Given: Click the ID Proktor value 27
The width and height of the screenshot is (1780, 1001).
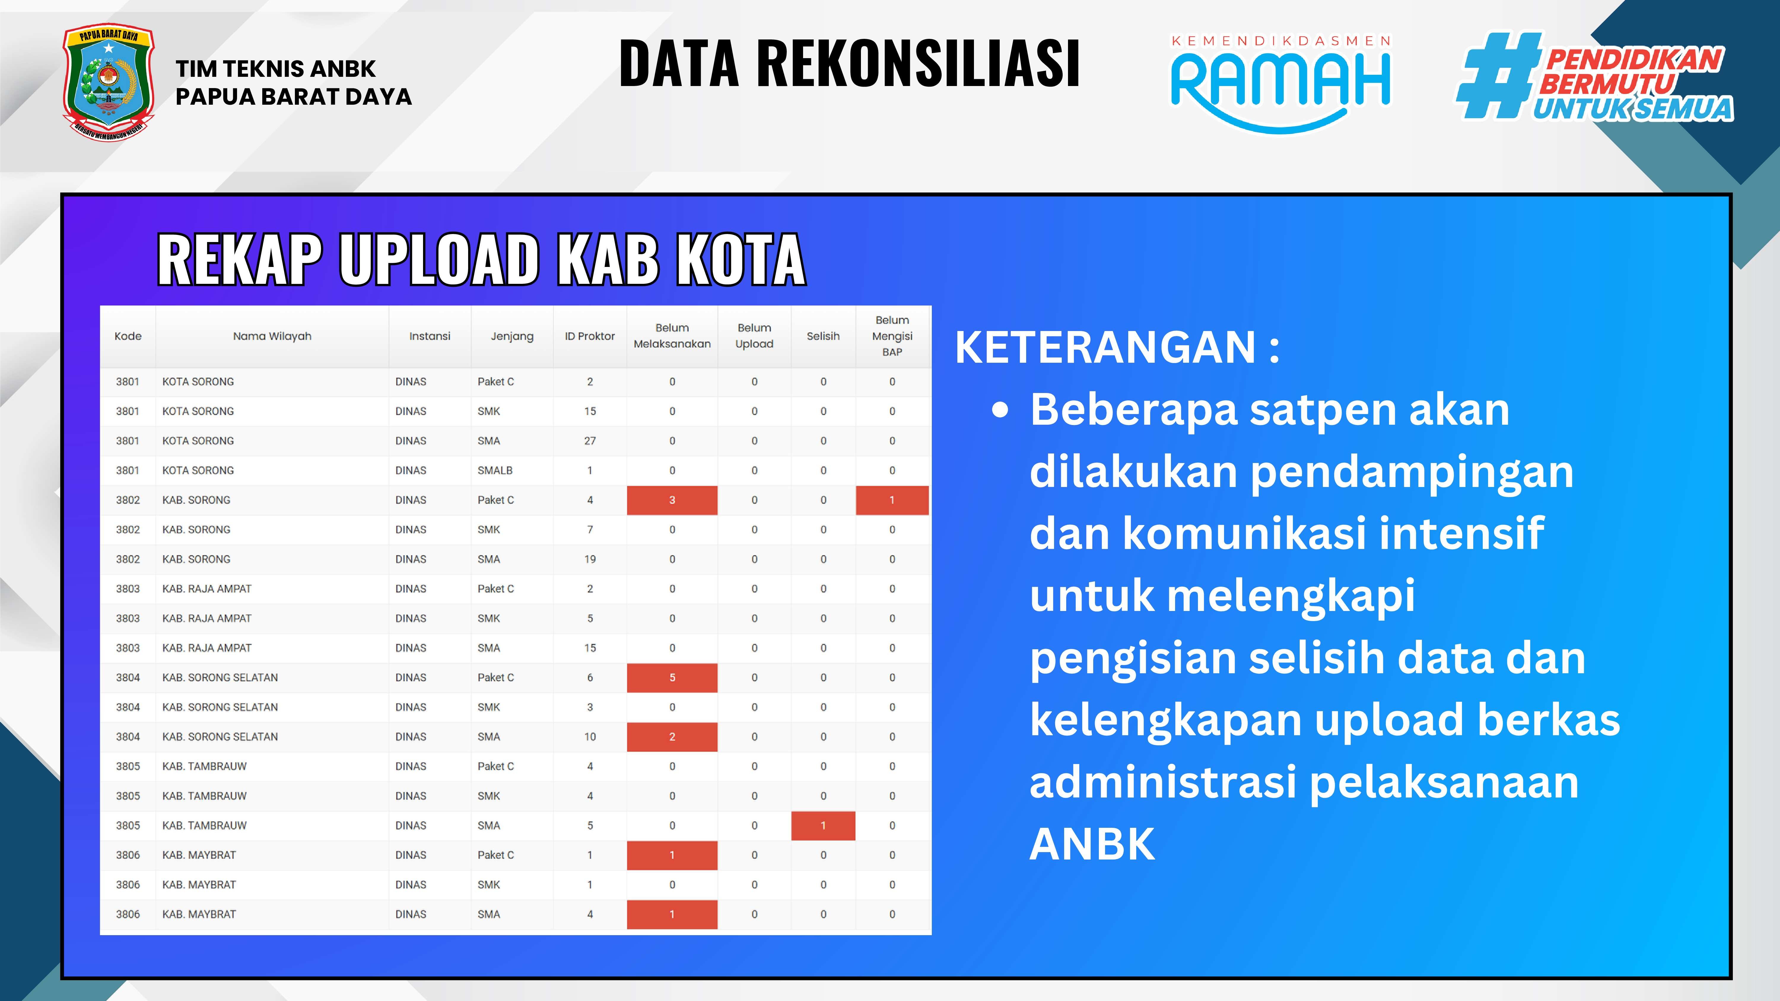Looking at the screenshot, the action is [x=589, y=441].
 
